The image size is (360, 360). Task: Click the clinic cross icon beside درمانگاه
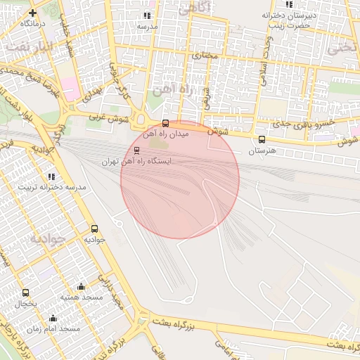click(x=32, y=13)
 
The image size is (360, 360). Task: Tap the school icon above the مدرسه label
click(x=147, y=15)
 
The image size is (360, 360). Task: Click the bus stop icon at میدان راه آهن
click(x=166, y=123)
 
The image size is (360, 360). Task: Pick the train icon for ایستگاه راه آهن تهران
click(x=136, y=150)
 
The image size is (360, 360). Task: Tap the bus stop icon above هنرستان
click(x=262, y=140)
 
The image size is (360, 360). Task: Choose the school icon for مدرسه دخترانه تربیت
click(x=51, y=176)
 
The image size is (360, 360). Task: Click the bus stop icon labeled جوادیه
click(x=95, y=229)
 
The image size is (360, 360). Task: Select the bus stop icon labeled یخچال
click(x=26, y=292)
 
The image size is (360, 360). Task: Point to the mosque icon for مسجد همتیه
click(x=81, y=287)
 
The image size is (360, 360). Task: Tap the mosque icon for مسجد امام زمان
click(x=53, y=319)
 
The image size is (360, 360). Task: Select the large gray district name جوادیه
click(x=47, y=239)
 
